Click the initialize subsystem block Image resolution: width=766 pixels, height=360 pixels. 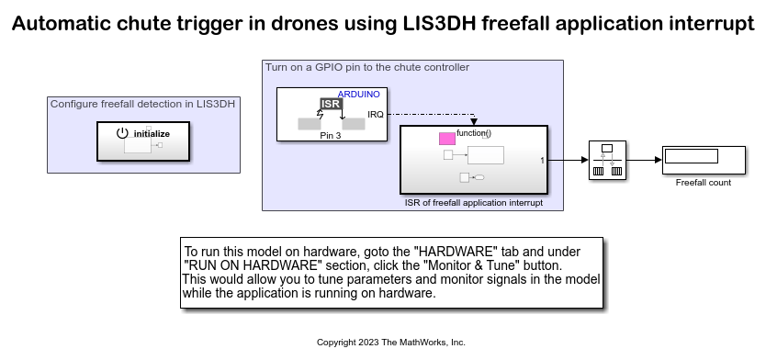pos(143,141)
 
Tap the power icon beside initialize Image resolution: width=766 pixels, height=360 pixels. pos(122,133)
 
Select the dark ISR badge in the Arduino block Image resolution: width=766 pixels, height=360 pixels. pos(331,104)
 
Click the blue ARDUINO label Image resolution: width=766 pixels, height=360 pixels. pos(358,95)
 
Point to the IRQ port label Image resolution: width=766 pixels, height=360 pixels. pos(376,114)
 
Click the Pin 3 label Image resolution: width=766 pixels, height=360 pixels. pos(331,136)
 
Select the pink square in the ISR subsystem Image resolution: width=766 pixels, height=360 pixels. pos(447,140)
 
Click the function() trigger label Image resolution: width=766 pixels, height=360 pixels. pos(474,133)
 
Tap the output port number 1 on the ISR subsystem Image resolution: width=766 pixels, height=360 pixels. pos(542,160)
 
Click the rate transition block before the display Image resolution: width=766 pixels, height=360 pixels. pos(607,160)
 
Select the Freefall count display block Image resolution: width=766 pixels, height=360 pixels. pos(704,160)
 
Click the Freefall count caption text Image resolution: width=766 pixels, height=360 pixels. pos(704,183)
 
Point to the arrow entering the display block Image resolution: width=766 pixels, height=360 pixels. pos(644,160)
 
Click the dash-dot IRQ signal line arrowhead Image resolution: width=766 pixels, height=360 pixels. pos(473,121)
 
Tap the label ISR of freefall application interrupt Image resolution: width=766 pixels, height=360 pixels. pos(473,203)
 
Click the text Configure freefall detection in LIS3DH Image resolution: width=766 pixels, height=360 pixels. pos(142,104)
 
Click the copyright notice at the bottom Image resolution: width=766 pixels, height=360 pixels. pos(391,343)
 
